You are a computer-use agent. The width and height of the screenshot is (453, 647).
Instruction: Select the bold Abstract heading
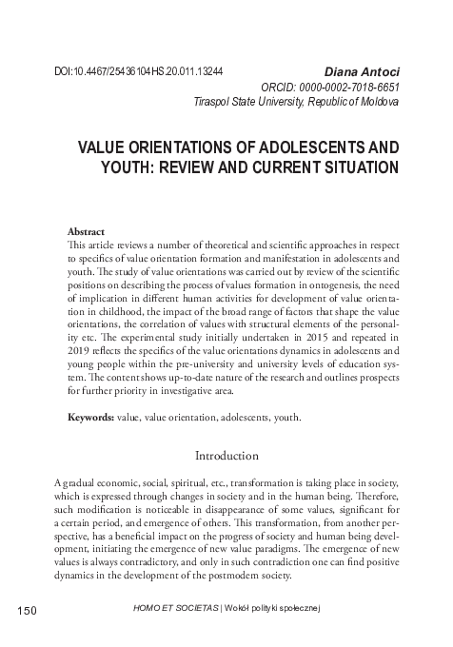(x=86, y=230)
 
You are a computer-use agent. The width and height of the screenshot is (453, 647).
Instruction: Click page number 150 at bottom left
(x=25, y=610)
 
